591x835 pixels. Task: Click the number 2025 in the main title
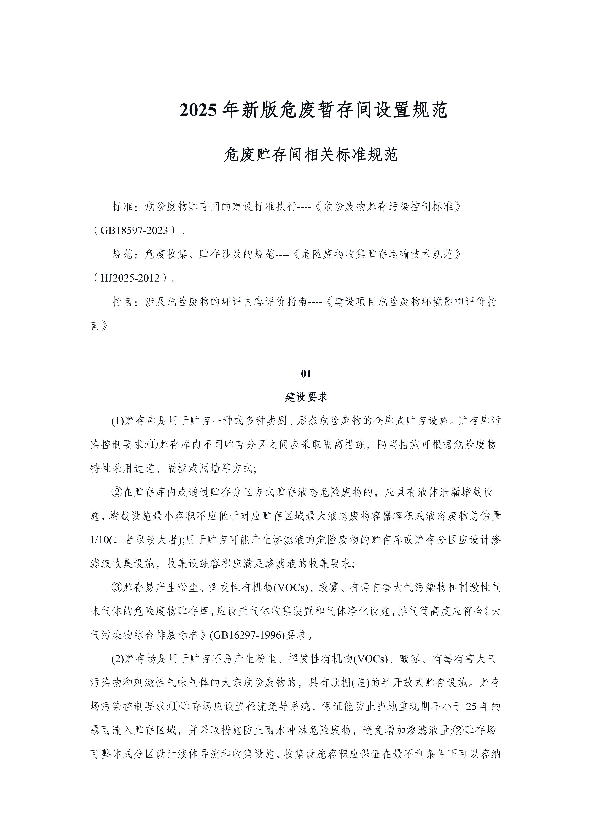tap(198, 110)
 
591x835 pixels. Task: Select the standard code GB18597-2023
tap(134, 231)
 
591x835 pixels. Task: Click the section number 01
tap(306, 374)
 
